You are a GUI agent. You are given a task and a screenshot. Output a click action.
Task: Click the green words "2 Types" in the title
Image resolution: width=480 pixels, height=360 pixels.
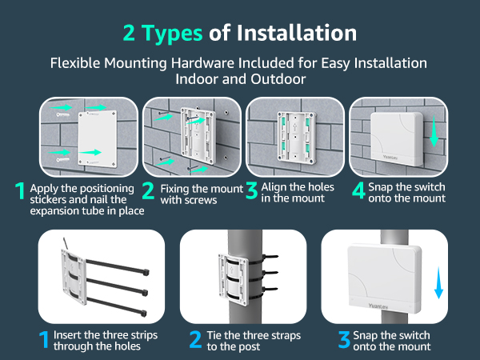coord(162,33)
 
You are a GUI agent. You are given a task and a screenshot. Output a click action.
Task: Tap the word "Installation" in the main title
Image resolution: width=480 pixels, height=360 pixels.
coord(297,33)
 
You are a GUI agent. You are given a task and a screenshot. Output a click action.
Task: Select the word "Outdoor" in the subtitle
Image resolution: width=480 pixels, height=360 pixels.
coord(278,79)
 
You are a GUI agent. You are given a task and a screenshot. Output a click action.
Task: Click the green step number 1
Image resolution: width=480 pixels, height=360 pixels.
coord(20,190)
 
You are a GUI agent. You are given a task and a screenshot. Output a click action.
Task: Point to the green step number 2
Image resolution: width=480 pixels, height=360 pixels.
coord(148,190)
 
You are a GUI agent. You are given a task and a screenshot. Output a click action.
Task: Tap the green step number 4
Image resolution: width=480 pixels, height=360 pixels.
coord(358,190)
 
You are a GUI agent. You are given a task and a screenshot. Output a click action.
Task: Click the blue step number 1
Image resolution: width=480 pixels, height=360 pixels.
coord(44,339)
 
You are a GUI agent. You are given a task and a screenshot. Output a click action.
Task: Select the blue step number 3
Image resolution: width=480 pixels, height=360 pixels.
coord(344,339)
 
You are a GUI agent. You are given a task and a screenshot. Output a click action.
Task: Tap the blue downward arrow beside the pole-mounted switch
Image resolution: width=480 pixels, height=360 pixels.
coord(438,282)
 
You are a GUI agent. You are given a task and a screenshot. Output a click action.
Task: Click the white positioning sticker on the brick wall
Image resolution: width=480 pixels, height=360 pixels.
coord(98,138)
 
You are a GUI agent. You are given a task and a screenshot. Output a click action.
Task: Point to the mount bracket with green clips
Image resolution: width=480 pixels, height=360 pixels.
coord(296,137)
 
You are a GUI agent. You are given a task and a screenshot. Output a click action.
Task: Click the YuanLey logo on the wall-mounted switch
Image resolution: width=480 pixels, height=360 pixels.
coord(390,158)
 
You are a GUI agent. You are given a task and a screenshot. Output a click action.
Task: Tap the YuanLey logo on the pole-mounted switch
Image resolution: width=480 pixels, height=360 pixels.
coord(378,306)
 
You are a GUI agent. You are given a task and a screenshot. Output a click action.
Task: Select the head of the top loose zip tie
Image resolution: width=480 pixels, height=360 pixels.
coord(146,272)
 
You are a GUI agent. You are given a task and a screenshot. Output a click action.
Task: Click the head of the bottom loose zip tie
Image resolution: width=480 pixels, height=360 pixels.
coord(143,313)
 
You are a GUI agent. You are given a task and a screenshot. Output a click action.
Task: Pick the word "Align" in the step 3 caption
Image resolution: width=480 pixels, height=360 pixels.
coord(274,187)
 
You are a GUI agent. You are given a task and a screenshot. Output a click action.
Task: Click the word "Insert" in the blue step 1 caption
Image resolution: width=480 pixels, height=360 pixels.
coord(67,335)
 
